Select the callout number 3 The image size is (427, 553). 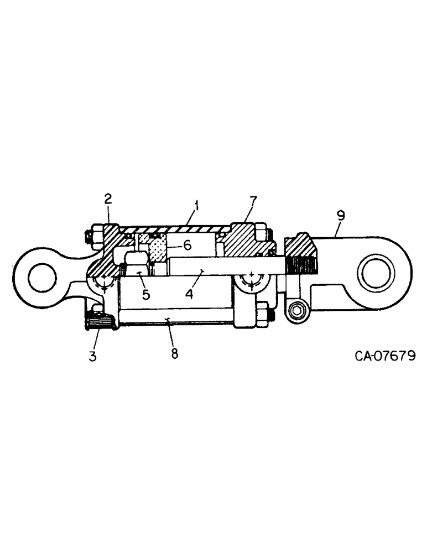(92, 356)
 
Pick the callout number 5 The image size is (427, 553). (145, 294)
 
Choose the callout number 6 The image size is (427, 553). (188, 246)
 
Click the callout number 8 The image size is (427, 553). (175, 353)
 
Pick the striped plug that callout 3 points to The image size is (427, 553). (100, 322)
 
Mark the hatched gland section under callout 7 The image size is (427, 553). (243, 241)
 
